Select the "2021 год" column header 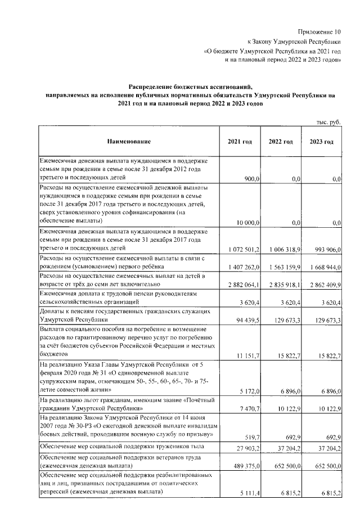click(238, 141)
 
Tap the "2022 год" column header click(280, 141)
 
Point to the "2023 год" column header click(321, 141)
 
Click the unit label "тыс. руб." click(330, 121)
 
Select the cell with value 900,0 click(250, 179)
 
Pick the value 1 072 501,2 click(242, 247)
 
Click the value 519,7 click(251, 436)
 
